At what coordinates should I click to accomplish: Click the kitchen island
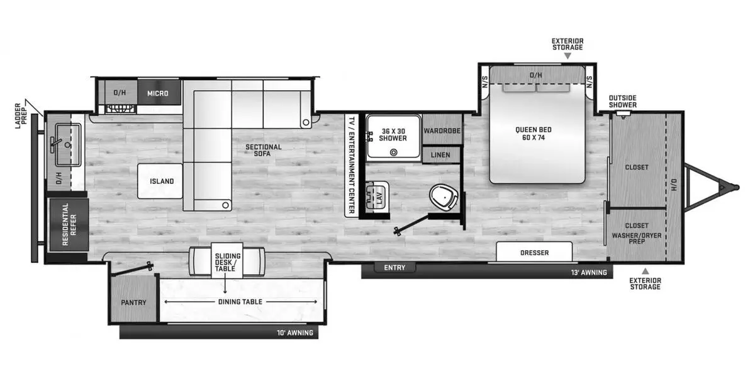[161, 181]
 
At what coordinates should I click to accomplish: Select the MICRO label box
[158, 93]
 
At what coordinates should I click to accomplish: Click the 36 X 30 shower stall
[393, 135]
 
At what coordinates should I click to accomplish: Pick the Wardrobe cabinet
[442, 130]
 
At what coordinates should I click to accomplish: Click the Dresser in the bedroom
[534, 252]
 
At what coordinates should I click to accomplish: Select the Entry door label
[394, 268]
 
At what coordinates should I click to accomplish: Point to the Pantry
[133, 302]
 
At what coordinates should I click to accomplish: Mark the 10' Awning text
[295, 333]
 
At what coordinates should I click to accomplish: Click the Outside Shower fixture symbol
[623, 114]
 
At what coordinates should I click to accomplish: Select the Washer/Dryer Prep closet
[637, 233]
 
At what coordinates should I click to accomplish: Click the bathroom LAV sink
[379, 197]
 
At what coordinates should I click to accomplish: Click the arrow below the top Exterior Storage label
[568, 56]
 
